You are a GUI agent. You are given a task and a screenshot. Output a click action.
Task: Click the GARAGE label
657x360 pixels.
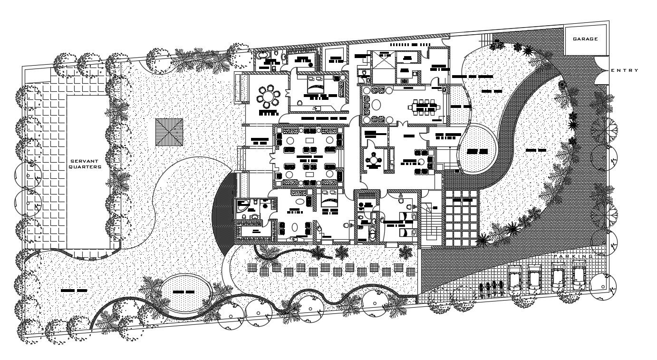(585, 39)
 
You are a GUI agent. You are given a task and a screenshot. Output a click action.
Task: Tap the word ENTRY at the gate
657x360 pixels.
(625, 70)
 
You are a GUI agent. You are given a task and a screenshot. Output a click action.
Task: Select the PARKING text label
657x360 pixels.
(573, 256)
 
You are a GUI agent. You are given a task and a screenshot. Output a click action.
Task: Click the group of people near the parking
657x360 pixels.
(491, 288)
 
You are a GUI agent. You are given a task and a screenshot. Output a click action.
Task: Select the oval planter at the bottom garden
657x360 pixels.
(184, 291)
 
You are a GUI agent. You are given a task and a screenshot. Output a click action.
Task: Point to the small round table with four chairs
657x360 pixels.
(374, 160)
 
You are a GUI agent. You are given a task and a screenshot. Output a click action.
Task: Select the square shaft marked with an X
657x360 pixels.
(383, 59)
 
